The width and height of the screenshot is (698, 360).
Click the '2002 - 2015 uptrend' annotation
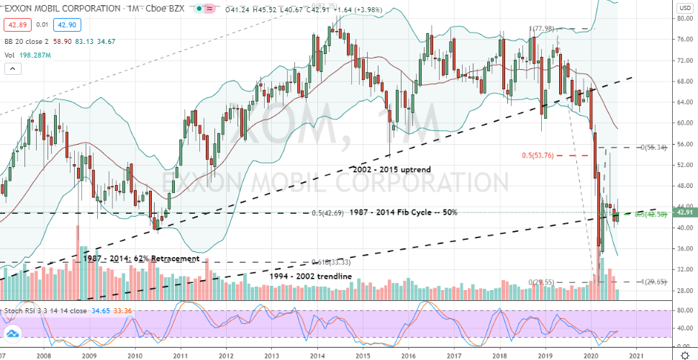point(392,169)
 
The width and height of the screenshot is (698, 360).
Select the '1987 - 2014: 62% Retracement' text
point(141,258)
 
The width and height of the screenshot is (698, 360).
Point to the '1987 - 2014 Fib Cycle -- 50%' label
point(403,213)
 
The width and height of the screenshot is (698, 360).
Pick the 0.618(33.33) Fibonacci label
point(332,262)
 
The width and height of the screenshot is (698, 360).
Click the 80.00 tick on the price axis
point(684,18)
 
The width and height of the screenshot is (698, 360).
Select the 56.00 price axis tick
point(684,144)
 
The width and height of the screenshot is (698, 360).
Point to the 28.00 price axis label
point(684,290)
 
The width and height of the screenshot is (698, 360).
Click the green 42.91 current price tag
point(684,212)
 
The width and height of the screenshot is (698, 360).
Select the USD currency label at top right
point(685,8)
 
